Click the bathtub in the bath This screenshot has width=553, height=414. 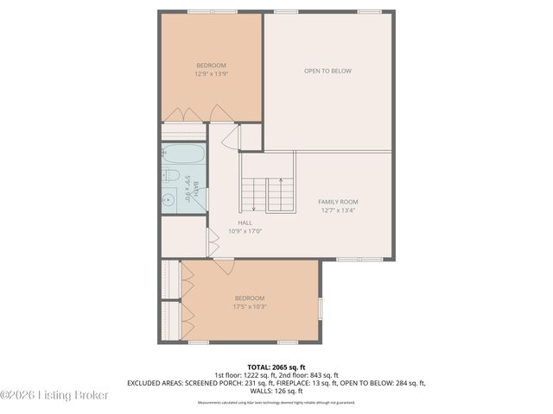[184, 155]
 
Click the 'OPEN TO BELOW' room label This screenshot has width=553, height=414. [327, 71]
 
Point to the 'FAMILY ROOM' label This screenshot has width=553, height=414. [339, 201]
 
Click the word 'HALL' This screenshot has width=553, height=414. [245, 222]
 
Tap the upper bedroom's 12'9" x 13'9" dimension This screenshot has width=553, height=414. [211, 74]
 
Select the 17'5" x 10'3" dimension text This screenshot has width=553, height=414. [249, 306]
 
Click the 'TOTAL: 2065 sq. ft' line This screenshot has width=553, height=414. [276, 366]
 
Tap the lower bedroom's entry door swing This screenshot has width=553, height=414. [224, 267]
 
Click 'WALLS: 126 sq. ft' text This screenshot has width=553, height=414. [276, 391]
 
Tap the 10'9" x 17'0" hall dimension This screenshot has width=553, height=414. [245, 230]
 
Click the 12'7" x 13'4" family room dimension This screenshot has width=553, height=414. [339, 210]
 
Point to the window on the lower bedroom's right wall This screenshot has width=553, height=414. [320, 308]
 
